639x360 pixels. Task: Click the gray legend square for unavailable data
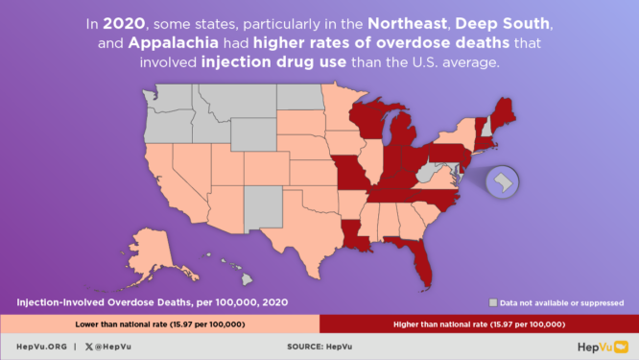[x=492, y=301]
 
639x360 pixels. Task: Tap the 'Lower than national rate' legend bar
[x=159, y=324]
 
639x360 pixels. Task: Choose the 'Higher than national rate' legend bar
[x=479, y=324]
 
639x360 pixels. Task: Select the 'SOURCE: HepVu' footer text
[x=319, y=347]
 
